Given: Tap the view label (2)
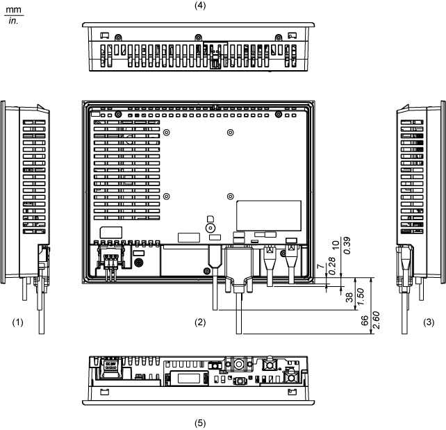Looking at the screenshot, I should [x=201, y=322].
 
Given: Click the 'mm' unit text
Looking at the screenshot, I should [x=14, y=6].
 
